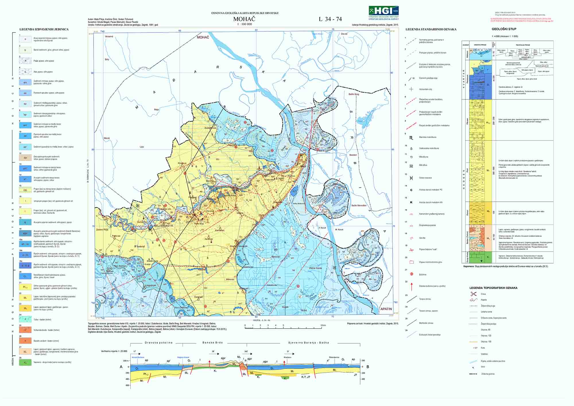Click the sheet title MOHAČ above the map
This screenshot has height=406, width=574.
tap(244, 19)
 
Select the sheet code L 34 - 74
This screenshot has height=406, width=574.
tap(330, 19)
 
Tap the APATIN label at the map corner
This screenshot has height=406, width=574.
tap(386, 309)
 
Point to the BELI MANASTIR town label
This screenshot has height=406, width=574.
tap(164, 226)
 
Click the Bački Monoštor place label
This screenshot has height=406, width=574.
tap(359, 206)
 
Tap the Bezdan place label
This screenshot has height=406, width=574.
tap(353, 155)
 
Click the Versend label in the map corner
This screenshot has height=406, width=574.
tap(109, 36)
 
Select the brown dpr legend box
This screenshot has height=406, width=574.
tap(25, 158)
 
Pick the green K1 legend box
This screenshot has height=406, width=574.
tap(25, 362)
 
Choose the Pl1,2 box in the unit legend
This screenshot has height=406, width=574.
tap(25, 287)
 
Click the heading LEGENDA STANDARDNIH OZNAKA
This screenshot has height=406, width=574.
tap(431, 29)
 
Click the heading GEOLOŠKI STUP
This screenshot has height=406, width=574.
tap(504, 29)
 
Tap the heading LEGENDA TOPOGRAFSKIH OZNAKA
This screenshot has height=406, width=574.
tap(493, 288)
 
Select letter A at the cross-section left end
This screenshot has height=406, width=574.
tap(121, 367)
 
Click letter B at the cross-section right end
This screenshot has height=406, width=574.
tap(368, 367)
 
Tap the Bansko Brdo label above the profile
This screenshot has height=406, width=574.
tap(212, 343)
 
